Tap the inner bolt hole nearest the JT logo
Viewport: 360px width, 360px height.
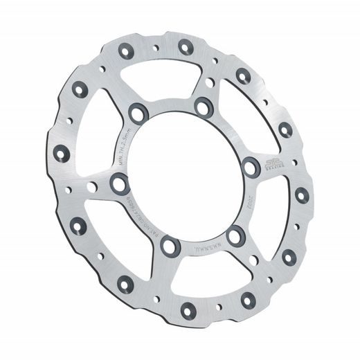(x=249, y=166)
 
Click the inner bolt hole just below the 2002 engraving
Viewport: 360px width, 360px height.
(x=234, y=233)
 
